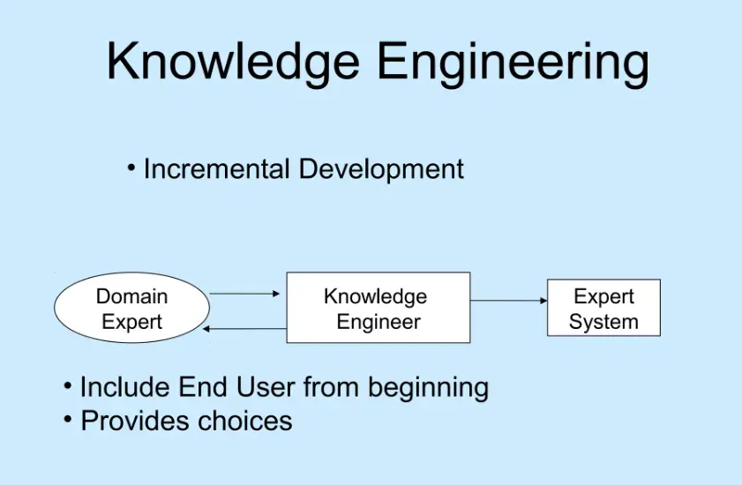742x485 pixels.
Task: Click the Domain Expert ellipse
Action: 132,309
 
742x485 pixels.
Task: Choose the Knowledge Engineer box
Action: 378,308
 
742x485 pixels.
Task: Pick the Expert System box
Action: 603,308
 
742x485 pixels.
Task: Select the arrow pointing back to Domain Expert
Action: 245,328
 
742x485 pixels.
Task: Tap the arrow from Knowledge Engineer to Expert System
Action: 508,301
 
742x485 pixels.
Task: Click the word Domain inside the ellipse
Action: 131,296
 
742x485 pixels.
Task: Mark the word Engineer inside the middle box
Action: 378,321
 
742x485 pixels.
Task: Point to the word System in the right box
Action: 603,322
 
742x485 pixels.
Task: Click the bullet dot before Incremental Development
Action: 131,167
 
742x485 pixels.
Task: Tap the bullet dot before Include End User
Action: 68,385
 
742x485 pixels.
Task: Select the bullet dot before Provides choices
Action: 68,419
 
